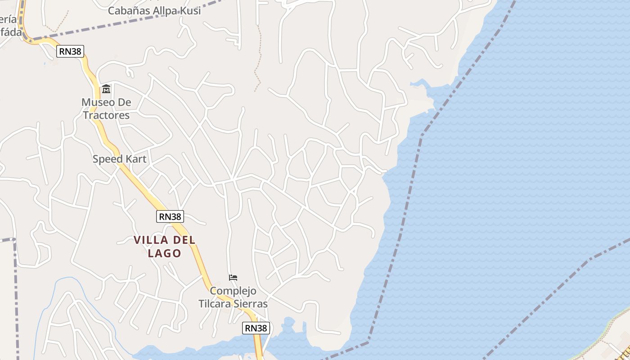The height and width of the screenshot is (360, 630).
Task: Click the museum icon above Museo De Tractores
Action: click(x=106, y=89)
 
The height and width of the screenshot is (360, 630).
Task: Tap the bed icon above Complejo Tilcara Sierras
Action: click(x=233, y=277)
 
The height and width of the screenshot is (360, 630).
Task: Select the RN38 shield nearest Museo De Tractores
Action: click(x=71, y=51)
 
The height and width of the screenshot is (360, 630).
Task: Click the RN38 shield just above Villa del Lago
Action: click(x=170, y=216)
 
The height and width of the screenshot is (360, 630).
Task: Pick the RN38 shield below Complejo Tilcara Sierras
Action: click(x=256, y=328)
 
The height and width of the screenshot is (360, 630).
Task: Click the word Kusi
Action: click(x=189, y=10)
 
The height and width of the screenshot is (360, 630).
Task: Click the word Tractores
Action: click(x=106, y=115)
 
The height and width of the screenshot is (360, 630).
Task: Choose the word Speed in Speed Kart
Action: click(x=107, y=159)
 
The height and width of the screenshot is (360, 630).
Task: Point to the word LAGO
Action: click(x=165, y=253)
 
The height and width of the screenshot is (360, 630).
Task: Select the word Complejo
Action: click(x=233, y=291)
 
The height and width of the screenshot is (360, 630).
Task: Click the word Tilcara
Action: click(x=215, y=304)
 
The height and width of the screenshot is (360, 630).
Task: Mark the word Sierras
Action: click(x=251, y=304)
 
